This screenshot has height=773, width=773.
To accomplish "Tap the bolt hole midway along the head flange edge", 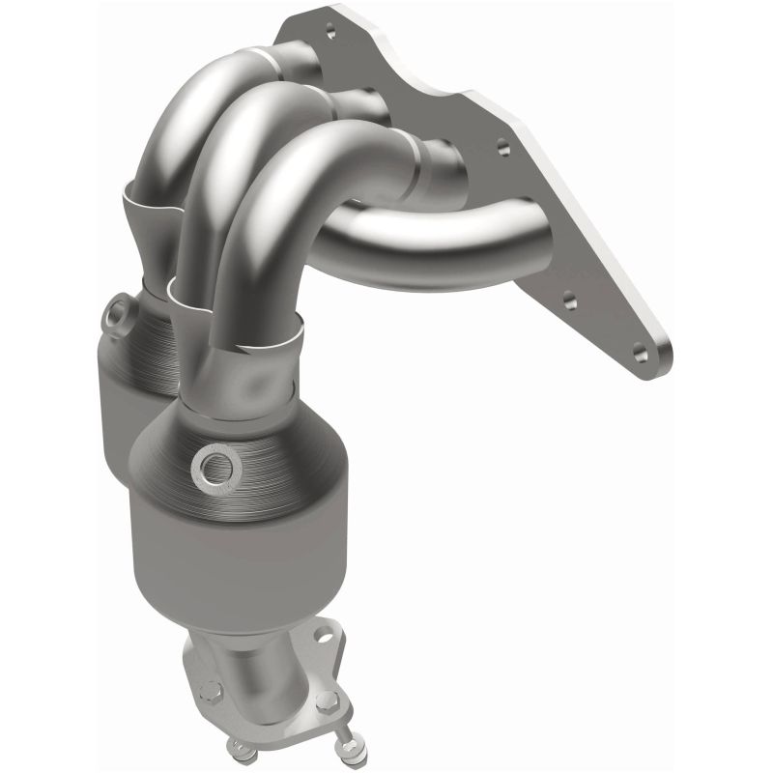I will tap(501, 150).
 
